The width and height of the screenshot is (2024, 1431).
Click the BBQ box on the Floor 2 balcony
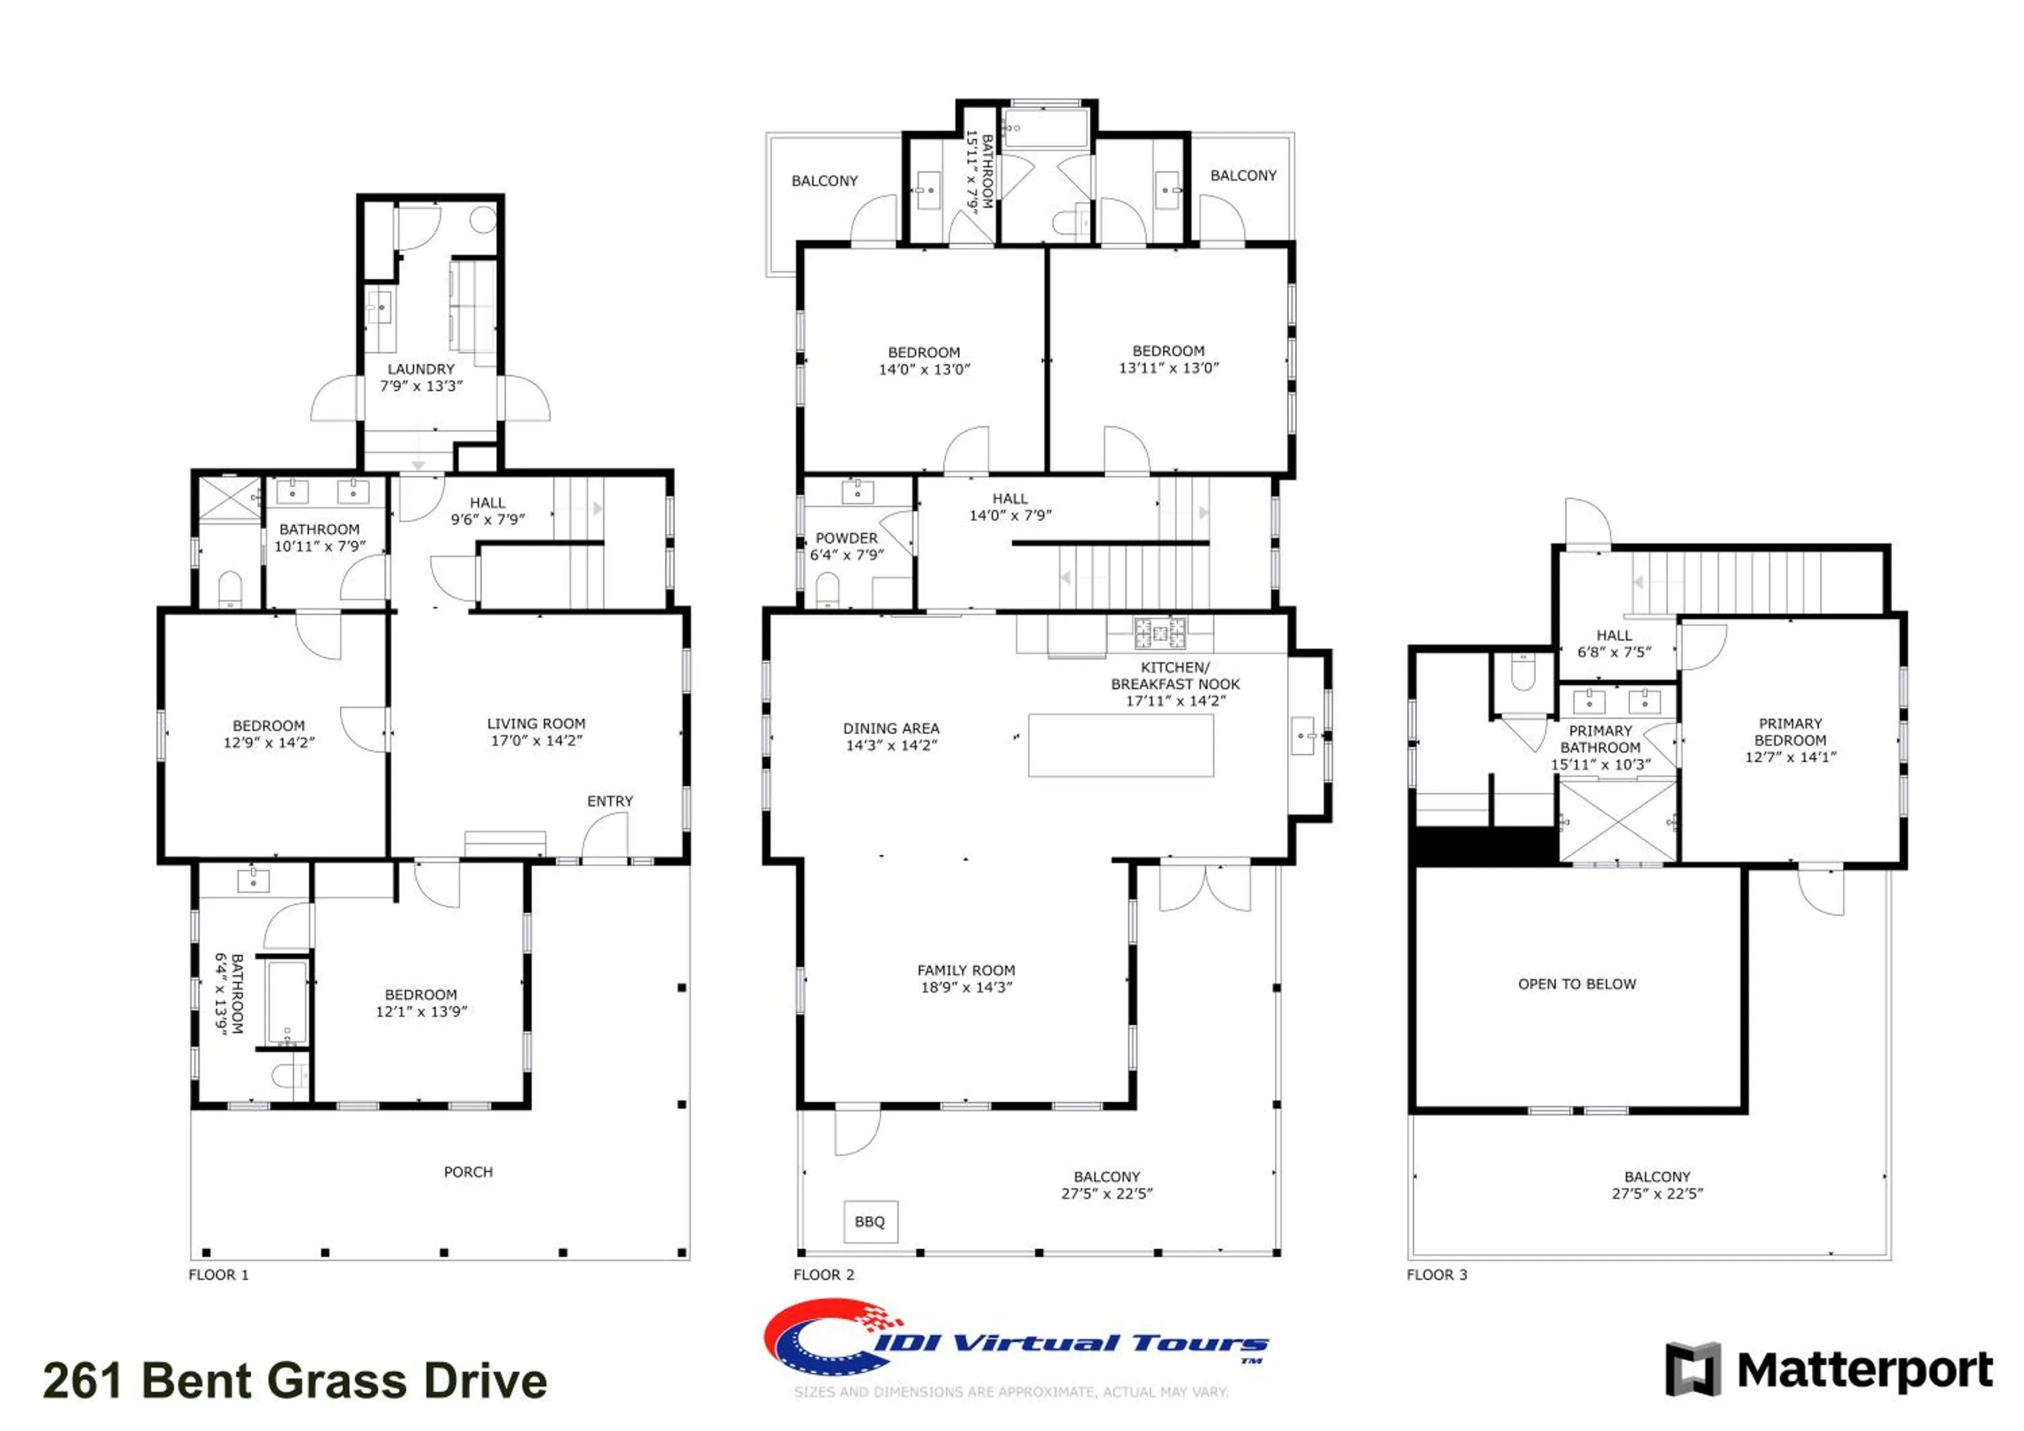click(x=870, y=1221)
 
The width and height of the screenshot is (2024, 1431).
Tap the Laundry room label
click(x=422, y=377)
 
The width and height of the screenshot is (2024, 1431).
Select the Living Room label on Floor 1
click(x=536, y=732)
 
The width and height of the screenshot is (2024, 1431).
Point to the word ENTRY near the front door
click(x=610, y=801)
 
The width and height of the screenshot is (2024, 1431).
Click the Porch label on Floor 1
click(x=468, y=1172)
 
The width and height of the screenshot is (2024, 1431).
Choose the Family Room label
click(x=966, y=978)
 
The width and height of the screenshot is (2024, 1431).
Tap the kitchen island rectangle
click(x=1121, y=745)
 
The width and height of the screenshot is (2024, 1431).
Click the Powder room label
click(x=846, y=546)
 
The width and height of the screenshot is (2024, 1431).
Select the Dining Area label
click(x=891, y=736)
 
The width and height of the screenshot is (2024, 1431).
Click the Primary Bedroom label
click(x=1791, y=739)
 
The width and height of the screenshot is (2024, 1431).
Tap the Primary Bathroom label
click(x=1601, y=747)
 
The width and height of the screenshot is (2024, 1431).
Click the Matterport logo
click(x=1829, y=1370)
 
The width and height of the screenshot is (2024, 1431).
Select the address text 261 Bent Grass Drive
click(x=296, y=1380)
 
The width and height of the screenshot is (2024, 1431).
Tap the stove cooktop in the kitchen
click(x=1159, y=632)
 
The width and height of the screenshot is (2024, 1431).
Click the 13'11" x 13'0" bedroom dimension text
click(x=1169, y=368)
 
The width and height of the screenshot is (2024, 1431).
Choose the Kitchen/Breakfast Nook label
click(x=1175, y=684)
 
